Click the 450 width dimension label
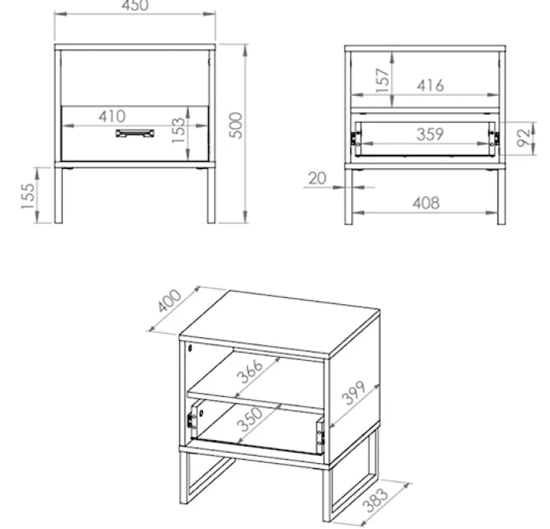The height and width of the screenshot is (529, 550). (135, 6)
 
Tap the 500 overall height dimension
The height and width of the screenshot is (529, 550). (236, 126)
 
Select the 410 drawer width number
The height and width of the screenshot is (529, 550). (112, 116)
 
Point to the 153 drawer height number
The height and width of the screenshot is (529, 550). (178, 130)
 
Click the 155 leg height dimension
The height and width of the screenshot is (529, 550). (28, 196)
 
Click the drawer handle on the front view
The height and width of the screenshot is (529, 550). (135, 134)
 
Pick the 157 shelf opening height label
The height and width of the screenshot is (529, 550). (383, 80)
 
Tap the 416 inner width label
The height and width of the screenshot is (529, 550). (431, 86)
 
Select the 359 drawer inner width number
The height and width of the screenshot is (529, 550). (431, 134)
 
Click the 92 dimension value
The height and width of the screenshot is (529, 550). (523, 138)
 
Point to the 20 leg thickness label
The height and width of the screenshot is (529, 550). (317, 178)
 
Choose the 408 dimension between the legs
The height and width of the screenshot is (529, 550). (426, 203)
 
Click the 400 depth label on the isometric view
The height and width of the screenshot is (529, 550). (170, 300)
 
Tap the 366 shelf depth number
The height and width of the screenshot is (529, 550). (250, 371)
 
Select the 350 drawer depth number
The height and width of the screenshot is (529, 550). (250, 419)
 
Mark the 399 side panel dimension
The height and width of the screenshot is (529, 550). (354, 392)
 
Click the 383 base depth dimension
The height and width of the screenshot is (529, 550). (376, 500)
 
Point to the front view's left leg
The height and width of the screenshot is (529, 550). (59, 195)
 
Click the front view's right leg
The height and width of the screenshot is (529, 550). (211, 195)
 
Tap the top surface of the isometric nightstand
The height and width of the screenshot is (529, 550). (280, 323)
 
